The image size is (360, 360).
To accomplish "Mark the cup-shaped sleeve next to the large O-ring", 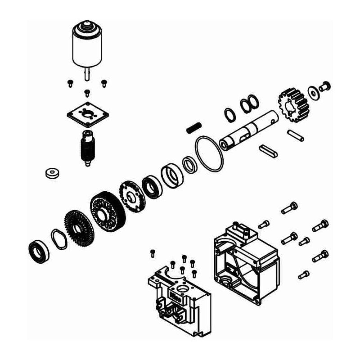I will click(172, 175).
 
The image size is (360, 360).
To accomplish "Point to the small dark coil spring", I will click(193, 127).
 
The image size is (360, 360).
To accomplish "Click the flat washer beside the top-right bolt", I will click(313, 92).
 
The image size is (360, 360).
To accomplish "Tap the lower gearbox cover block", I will click(178, 299).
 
